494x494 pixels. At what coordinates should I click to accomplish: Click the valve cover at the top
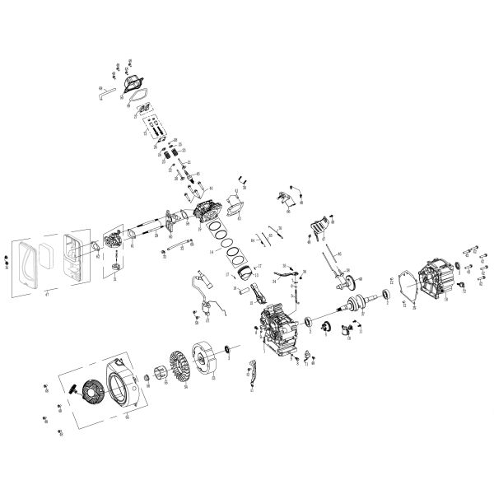pos(133,82)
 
